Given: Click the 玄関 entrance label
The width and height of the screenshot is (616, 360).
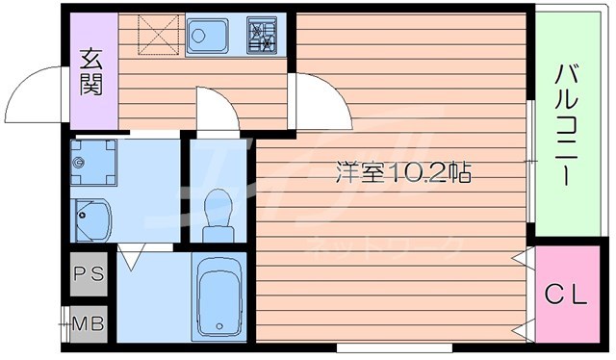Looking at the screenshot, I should click(x=92, y=74).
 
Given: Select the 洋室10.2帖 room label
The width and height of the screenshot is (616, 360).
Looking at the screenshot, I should click(x=403, y=174).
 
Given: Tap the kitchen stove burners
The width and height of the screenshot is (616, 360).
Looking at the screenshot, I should click(x=261, y=37).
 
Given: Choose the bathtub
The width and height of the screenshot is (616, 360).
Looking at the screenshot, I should click(x=218, y=296).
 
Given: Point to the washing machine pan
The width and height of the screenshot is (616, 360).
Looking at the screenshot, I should click(x=94, y=163).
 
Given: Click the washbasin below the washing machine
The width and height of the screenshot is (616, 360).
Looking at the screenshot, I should click(x=92, y=219).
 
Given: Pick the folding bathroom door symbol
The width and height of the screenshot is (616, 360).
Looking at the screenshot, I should click(x=133, y=255).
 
